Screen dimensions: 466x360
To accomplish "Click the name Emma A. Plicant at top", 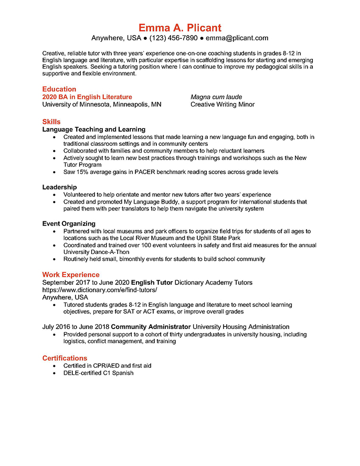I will tap(180, 28).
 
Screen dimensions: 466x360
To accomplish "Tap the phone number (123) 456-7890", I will tap(173, 38).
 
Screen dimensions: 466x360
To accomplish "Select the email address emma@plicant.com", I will tap(237, 38).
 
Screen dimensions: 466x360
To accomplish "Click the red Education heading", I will tap(59, 89).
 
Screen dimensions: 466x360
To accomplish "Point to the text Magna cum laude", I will tap(216, 97).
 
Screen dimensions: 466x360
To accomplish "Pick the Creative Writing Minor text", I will tap(223, 104).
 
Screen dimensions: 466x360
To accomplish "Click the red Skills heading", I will tap(51, 122).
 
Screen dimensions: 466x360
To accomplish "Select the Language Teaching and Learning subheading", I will tap(94, 129).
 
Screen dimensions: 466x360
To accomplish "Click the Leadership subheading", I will tap(60, 187).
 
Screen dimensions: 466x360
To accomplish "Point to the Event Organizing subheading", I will tap(69, 224).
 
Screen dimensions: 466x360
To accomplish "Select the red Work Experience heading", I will tap(71, 274).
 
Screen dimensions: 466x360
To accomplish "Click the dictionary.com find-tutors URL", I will tap(100, 290).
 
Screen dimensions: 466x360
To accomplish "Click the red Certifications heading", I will tap(65, 358).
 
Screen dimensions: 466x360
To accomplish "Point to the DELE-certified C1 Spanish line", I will tap(99, 373).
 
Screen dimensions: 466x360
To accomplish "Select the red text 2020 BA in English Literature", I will tap(87, 97).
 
